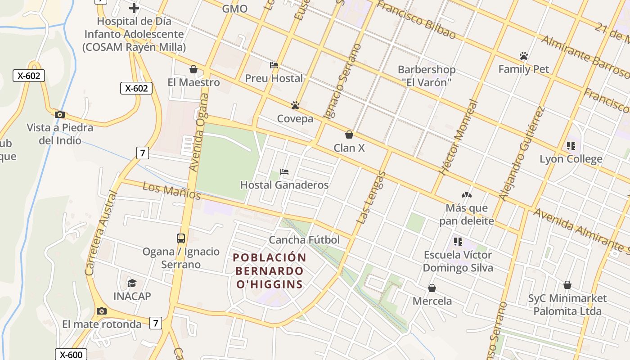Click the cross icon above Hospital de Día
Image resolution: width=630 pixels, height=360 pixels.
pyautogui.click(x=134, y=8)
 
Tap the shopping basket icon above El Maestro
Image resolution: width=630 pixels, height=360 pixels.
pyautogui.click(x=193, y=69)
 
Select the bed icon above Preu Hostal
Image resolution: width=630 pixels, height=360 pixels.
pyautogui.click(x=274, y=65)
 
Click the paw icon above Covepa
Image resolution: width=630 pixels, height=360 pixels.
pyautogui.click(x=295, y=105)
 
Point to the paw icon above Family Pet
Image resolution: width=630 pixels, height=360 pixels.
pyautogui.click(x=523, y=56)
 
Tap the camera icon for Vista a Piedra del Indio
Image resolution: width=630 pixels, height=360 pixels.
pyautogui.click(x=60, y=114)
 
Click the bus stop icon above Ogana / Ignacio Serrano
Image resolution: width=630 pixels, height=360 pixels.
pyautogui.click(x=181, y=238)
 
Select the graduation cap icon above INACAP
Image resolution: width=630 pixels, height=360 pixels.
pyautogui.click(x=132, y=283)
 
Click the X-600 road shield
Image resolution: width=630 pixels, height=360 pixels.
pyautogui.click(x=71, y=355)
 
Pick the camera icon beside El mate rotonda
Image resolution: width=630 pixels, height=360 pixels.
pyautogui.click(x=102, y=311)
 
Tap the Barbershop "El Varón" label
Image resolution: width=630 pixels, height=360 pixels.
pyautogui.click(x=426, y=76)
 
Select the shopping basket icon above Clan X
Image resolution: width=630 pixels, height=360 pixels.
pyautogui.click(x=349, y=135)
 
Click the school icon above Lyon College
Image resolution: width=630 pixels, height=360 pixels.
pyautogui.click(x=571, y=146)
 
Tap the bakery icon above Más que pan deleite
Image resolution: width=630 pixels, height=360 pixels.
pyautogui.click(x=466, y=195)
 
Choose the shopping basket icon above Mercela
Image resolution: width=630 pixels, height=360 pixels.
pyautogui.click(x=432, y=288)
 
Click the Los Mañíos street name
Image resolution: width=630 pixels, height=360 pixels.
pyautogui.click(x=171, y=191)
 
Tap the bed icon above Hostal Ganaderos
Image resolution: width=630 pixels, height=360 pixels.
pyautogui.click(x=284, y=172)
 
